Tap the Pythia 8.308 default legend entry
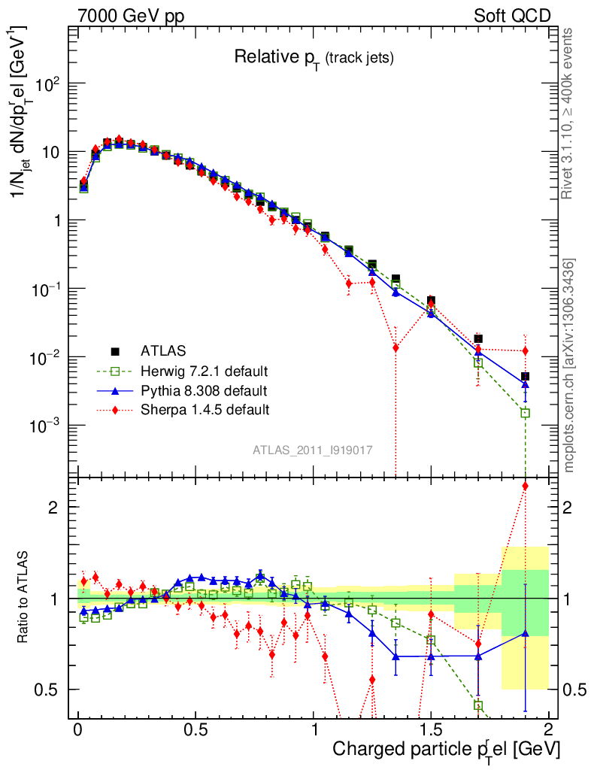204,390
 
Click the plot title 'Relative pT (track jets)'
314,57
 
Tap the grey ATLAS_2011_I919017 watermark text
314,450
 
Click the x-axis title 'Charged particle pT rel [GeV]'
446,749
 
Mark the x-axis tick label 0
77,729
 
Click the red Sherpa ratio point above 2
525,486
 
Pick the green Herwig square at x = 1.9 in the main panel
525,413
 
